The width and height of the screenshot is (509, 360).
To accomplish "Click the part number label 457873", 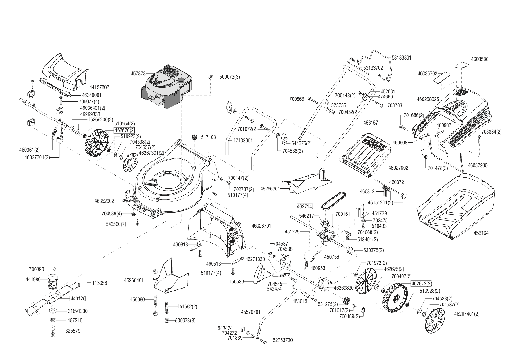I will (x=138, y=74).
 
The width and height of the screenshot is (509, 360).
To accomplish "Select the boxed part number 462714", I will (x=304, y=206).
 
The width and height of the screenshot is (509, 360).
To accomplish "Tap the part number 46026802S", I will (x=428, y=99).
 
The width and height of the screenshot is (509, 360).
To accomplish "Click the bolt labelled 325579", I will (x=53, y=331).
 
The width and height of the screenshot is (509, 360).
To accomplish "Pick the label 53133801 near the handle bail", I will (x=401, y=58).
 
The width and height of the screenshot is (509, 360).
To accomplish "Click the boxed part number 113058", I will (x=99, y=283).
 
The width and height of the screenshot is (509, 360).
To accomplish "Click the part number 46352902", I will (x=104, y=201).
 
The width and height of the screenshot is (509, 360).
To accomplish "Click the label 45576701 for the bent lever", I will (x=250, y=312).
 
